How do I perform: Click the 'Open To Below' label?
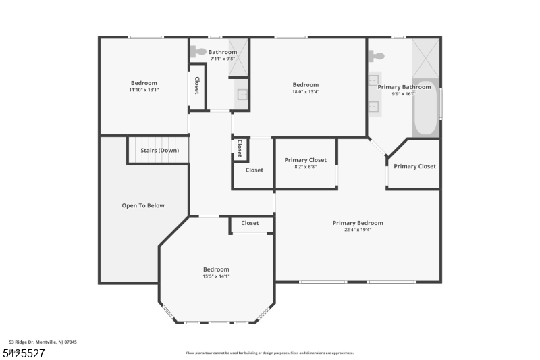[x=142, y=205]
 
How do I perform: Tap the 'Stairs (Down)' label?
[x=159, y=150]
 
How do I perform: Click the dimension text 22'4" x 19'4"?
[x=358, y=230]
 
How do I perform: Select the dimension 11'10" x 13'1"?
[x=144, y=90]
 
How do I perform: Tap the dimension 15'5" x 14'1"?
[x=216, y=276]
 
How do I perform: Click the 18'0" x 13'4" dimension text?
[x=305, y=92]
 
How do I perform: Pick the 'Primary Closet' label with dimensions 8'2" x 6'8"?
[x=305, y=160]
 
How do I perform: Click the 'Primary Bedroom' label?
[x=358, y=223]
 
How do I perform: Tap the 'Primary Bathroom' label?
[x=404, y=87]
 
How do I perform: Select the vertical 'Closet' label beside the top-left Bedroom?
[x=196, y=85]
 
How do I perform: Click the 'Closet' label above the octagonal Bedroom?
[x=250, y=223]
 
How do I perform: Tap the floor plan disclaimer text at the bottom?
[x=269, y=353]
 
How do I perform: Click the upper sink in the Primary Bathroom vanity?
[x=373, y=81]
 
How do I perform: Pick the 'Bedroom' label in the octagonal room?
[x=216, y=269]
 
